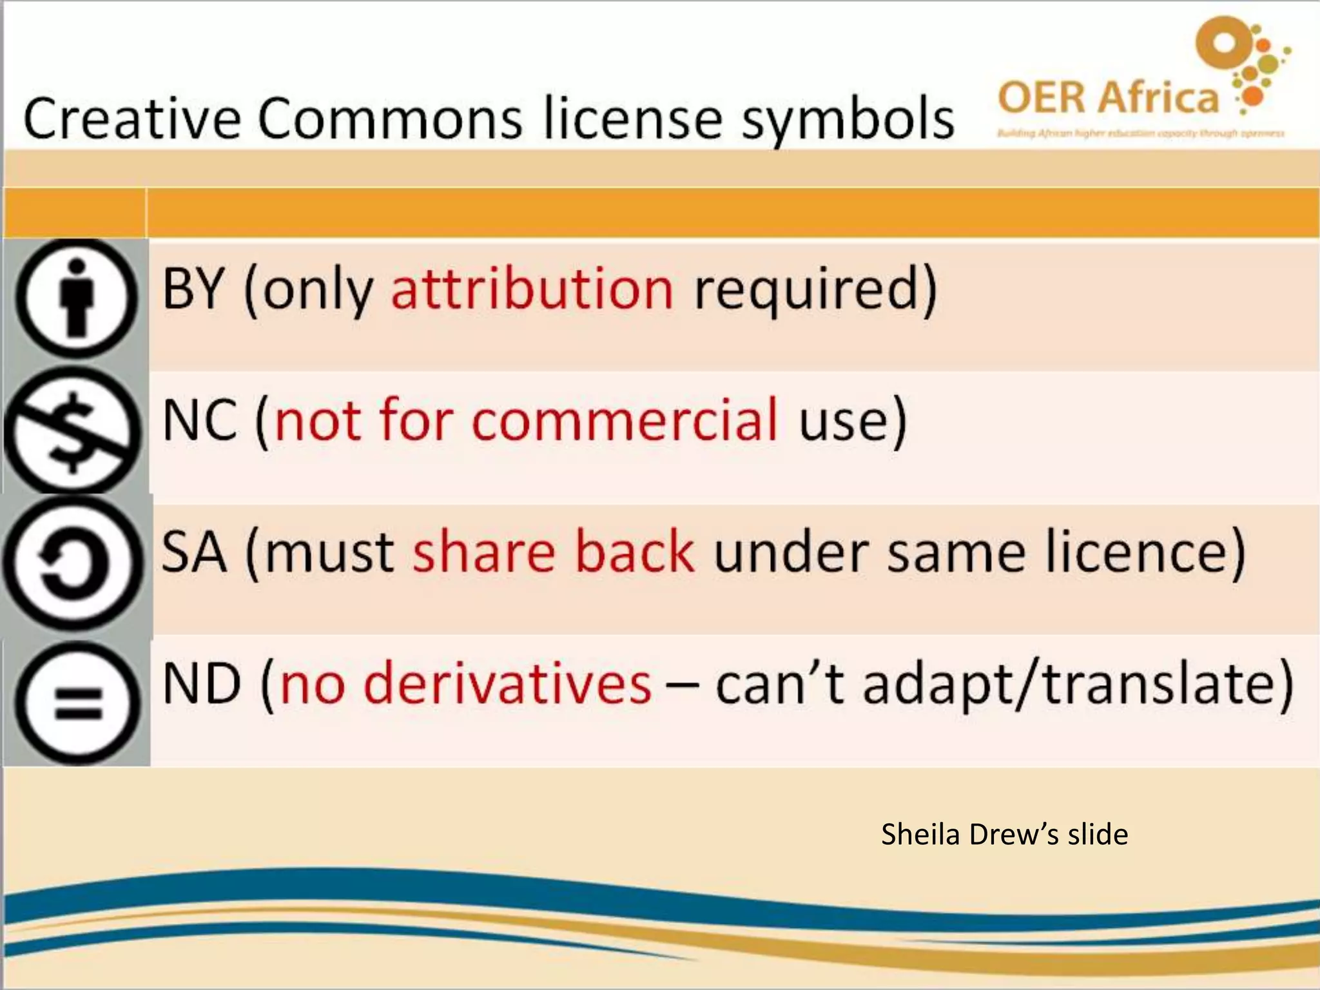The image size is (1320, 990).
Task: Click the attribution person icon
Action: tap(76, 298)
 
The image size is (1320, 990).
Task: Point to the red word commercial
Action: tap(625, 420)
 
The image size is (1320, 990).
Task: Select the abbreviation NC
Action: tap(200, 420)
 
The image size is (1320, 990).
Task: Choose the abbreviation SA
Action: tap(194, 552)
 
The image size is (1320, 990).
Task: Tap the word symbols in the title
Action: tap(847, 120)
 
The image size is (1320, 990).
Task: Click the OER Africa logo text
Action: tap(1107, 98)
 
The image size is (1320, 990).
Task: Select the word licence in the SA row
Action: tap(1136, 552)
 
